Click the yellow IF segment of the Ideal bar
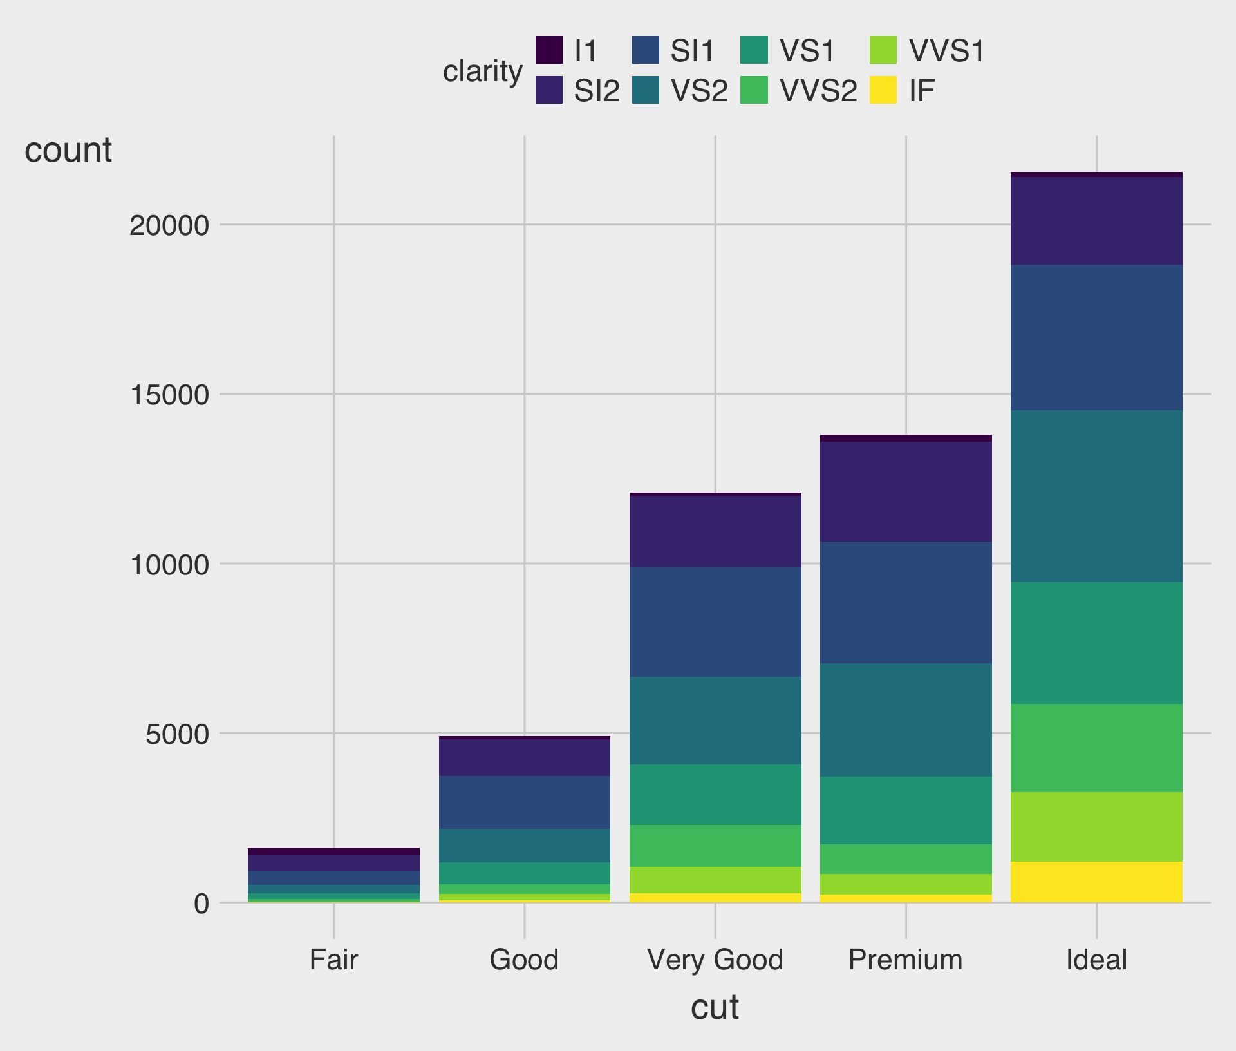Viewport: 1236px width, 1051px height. (1096, 882)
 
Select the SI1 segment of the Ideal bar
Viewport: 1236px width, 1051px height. (1096, 337)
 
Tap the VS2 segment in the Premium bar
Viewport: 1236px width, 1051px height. (906, 720)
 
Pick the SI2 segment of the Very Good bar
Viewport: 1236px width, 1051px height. (715, 531)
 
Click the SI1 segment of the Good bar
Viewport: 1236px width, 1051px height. (525, 802)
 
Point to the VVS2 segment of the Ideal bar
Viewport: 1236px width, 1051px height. (1096, 748)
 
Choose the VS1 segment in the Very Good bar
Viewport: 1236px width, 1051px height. (715, 795)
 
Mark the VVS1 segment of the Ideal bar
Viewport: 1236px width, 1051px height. (1096, 827)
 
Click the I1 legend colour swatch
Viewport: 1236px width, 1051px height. (549, 50)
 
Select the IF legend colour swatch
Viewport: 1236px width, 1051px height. (883, 90)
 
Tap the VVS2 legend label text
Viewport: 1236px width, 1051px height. (818, 91)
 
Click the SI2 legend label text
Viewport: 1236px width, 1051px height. (597, 91)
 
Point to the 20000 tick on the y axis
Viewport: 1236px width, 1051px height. (169, 225)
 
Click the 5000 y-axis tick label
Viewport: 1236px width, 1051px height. (178, 734)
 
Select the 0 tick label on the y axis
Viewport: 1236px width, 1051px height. (201, 904)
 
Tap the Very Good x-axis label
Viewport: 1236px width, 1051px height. (715, 960)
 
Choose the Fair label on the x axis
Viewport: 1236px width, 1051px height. (333, 960)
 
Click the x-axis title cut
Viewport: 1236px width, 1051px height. (715, 1007)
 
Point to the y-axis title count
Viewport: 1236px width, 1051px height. (68, 151)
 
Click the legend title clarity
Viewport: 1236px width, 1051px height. (482, 71)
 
